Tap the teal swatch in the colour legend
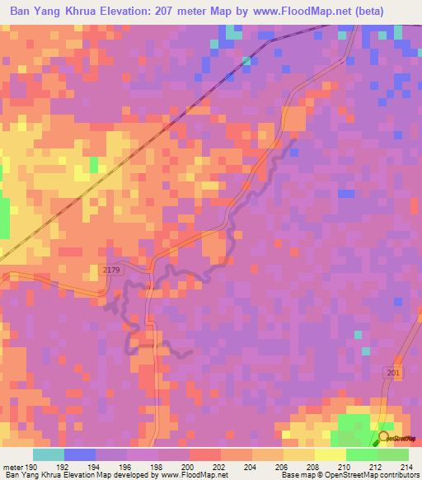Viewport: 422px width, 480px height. (48, 454)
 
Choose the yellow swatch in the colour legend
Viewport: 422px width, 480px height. (330, 454)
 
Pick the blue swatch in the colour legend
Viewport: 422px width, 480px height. (79, 454)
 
